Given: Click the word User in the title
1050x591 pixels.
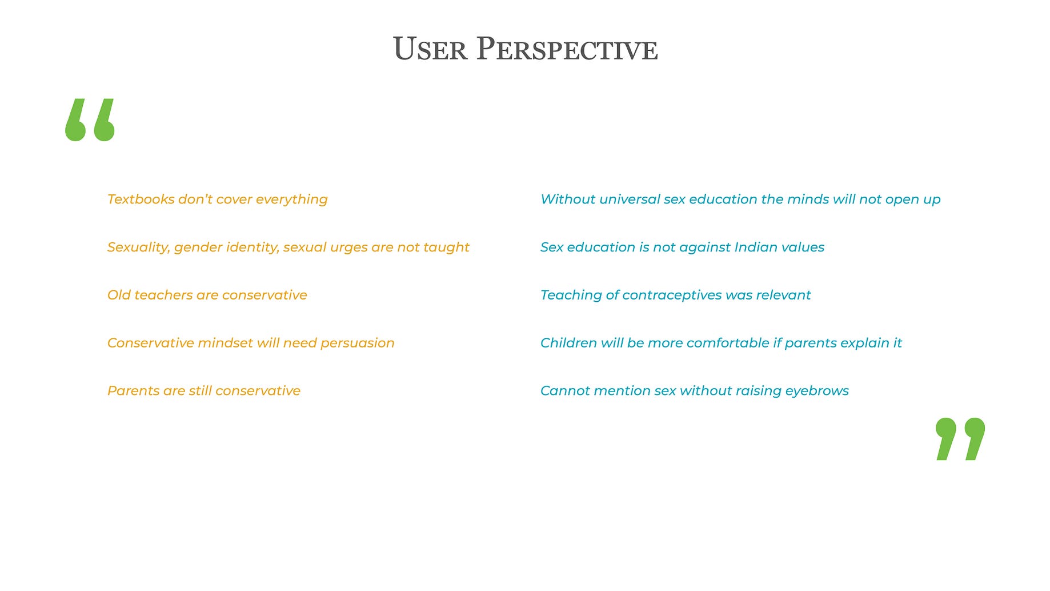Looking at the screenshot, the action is [430, 49].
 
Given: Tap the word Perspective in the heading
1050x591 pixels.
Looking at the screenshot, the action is [567, 49].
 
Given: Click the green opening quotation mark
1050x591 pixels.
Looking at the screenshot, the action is [90, 120].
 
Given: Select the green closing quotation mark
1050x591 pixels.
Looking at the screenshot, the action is [960, 439].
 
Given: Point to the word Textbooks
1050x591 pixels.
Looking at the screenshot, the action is [141, 199].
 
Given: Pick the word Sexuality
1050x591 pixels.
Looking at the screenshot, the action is [139, 247].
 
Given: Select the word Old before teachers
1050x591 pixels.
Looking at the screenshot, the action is [119, 295].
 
